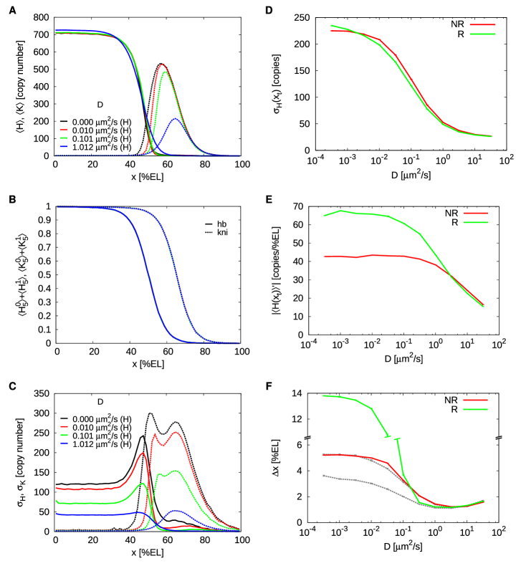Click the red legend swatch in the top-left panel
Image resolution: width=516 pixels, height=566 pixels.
pos(64,130)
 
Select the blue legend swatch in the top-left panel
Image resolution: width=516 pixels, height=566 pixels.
pos(64,145)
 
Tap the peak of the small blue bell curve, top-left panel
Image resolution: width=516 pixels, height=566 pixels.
pos(175,119)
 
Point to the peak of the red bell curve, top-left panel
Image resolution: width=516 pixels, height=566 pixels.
pos(163,64)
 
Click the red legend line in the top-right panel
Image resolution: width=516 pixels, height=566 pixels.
pos(482,25)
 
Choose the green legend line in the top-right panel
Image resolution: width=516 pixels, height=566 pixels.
pos(482,34)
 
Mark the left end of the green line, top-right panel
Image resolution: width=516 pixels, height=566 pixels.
pos(330,26)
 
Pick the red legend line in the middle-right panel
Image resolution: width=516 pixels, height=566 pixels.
pos(475,213)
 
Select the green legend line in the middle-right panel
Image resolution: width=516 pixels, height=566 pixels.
pos(475,222)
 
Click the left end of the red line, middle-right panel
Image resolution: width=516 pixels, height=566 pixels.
pos(324,256)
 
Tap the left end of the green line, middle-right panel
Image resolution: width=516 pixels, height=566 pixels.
pos(324,215)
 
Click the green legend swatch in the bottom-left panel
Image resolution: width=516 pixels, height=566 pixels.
pos(64,435)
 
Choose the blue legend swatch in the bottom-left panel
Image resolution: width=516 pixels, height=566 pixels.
pos(64,443)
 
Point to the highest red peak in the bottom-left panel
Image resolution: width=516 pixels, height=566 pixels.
pos(176,432)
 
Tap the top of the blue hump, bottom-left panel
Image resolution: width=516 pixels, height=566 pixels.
pos(175,510)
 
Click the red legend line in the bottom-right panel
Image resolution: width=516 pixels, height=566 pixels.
pos(475,400)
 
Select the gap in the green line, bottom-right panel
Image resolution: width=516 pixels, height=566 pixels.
pos(392,436)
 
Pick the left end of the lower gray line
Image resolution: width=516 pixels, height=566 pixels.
pos(323,475)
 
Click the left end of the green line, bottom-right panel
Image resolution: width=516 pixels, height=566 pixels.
pos(323,395)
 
